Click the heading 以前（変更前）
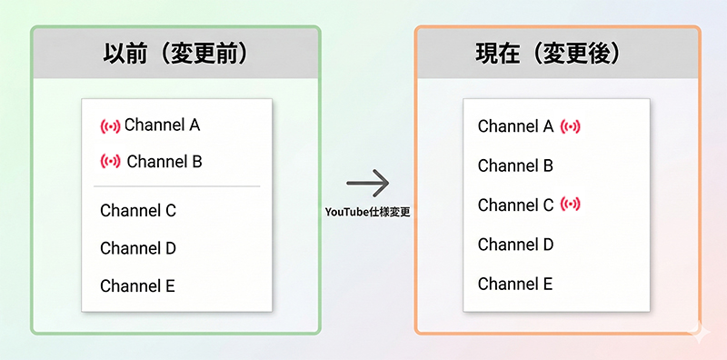pos(175,54)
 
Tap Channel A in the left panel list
pos(162,125)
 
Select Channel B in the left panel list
pos(164,162)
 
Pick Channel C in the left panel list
pos(138,211)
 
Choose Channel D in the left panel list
pos(138,248)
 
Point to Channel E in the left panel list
pos(137,285)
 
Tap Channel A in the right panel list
pos(515,126)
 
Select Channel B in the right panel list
pos(515,165)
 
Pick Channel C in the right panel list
pos(515,205)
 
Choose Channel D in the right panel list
pos(515,244)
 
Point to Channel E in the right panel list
pos(514,283)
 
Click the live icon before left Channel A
pos(110,125)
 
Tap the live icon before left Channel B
pos(110,162)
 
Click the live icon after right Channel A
pos(571,126)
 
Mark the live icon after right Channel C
pos(571,205)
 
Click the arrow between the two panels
pos(368,184)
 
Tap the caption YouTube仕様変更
pos(369,211)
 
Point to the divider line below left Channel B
pos(177,186)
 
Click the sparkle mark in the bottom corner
pos(700,333)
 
